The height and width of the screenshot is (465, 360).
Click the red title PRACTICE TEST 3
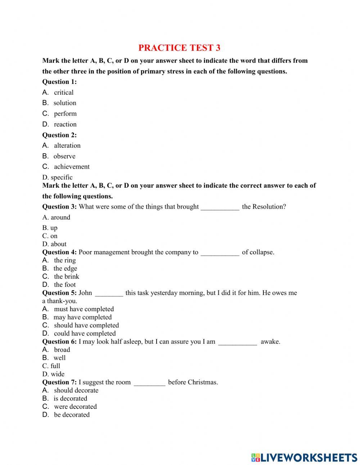click(179, 48)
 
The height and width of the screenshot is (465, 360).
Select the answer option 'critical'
click(63, 93)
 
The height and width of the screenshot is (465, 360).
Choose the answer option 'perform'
click(65, 114)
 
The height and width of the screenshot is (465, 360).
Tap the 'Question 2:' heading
click(59, 135)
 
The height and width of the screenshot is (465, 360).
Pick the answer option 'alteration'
click(67, 146)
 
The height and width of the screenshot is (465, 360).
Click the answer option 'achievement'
click(72, 167)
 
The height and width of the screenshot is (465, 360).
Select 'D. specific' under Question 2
click(57, 177)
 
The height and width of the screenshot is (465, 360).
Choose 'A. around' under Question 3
click(56, 217)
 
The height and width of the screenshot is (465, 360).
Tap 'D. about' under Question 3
click(54, 244)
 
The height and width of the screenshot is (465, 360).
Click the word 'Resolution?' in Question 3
click(269, 207)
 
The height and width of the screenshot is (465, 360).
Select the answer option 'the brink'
click(66, 277)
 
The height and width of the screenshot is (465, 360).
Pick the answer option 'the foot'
click(65, 285)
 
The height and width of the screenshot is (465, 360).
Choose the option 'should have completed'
click(86, 325)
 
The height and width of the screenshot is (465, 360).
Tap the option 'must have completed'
click(84, 309)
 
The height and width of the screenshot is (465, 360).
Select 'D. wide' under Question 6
click(53, 374)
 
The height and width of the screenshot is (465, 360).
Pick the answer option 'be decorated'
click(72, 415)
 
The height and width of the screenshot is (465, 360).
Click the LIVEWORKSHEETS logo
click(304, 457)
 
